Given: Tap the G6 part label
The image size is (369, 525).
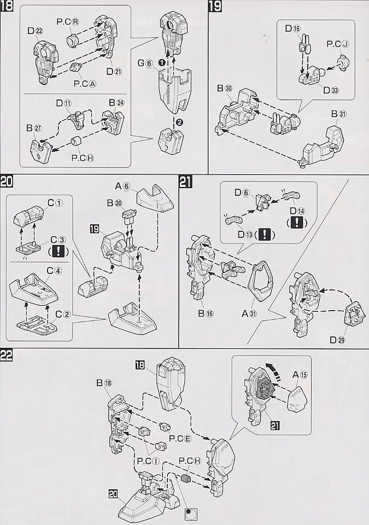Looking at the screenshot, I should coord(145,63).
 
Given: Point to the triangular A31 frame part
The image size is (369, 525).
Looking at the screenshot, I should coord(264,282).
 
